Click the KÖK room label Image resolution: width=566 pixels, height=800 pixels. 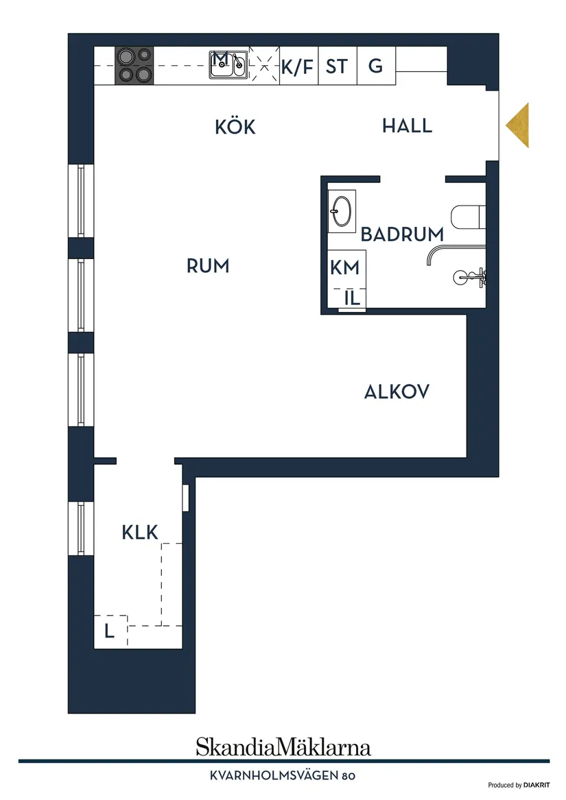235,127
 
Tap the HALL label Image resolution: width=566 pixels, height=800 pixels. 407,126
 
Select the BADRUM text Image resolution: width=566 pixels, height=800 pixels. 402,234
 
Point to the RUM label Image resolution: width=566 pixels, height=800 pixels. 208,266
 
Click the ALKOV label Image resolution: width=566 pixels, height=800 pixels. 397,392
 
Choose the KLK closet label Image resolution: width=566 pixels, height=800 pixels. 140,532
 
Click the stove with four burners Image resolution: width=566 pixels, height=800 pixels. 134,65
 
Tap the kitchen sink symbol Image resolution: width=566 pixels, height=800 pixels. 229,65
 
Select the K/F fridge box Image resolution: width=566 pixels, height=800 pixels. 297,66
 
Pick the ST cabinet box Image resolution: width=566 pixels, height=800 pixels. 337,66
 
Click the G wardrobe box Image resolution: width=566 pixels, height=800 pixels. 375,66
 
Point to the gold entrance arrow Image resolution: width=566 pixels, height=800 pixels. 519,125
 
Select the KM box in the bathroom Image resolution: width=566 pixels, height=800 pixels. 344,267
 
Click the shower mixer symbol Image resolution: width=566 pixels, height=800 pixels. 471,277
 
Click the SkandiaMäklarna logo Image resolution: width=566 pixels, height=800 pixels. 283,746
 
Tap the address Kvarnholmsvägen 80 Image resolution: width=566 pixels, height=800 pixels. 283,776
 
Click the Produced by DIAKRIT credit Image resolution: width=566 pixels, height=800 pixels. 519,785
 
